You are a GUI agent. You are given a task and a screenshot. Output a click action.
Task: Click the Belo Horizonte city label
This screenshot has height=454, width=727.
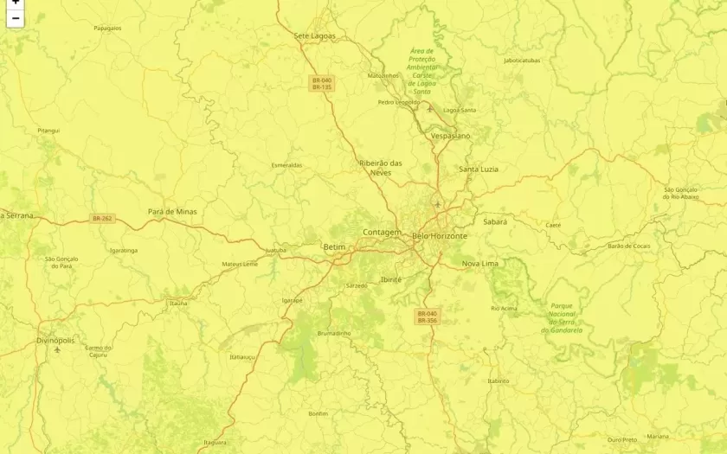(440, 236)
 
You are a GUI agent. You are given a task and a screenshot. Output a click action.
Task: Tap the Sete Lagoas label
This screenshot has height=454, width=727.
(314, 36)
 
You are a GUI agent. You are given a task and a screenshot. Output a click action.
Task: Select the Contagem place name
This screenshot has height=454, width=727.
(382, 233)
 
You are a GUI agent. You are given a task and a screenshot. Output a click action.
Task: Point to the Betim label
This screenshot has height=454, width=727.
(334, 247)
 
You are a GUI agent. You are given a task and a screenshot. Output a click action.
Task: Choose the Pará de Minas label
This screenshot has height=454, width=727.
(172, 211)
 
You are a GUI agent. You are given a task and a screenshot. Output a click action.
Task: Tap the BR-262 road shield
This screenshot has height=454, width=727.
(102, 219)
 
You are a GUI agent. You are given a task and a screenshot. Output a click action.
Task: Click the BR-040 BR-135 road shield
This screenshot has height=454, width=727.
(322, 84)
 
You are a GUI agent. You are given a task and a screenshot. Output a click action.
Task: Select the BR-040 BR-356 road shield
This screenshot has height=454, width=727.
(428, 317)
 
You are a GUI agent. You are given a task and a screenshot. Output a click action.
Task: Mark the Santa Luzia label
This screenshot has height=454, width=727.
(479, 169)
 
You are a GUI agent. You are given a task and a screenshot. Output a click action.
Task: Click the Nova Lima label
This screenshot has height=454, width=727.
(479, 263)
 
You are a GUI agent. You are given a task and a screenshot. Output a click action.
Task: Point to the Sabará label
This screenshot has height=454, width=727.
(495, 222)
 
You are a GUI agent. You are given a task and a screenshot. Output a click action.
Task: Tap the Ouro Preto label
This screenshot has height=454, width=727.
(621, 439)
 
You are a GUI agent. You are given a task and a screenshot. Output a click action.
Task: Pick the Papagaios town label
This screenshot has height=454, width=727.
(107, 28)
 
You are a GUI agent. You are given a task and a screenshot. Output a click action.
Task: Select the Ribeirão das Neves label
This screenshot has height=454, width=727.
(381, 168)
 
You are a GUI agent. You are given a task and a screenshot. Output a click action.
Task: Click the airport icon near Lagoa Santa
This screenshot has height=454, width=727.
(429, 109)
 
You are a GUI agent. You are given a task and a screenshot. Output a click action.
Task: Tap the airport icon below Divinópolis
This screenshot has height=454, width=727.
(57, 351)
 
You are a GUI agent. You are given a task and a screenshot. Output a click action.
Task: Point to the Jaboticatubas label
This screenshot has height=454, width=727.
(522, 61)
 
